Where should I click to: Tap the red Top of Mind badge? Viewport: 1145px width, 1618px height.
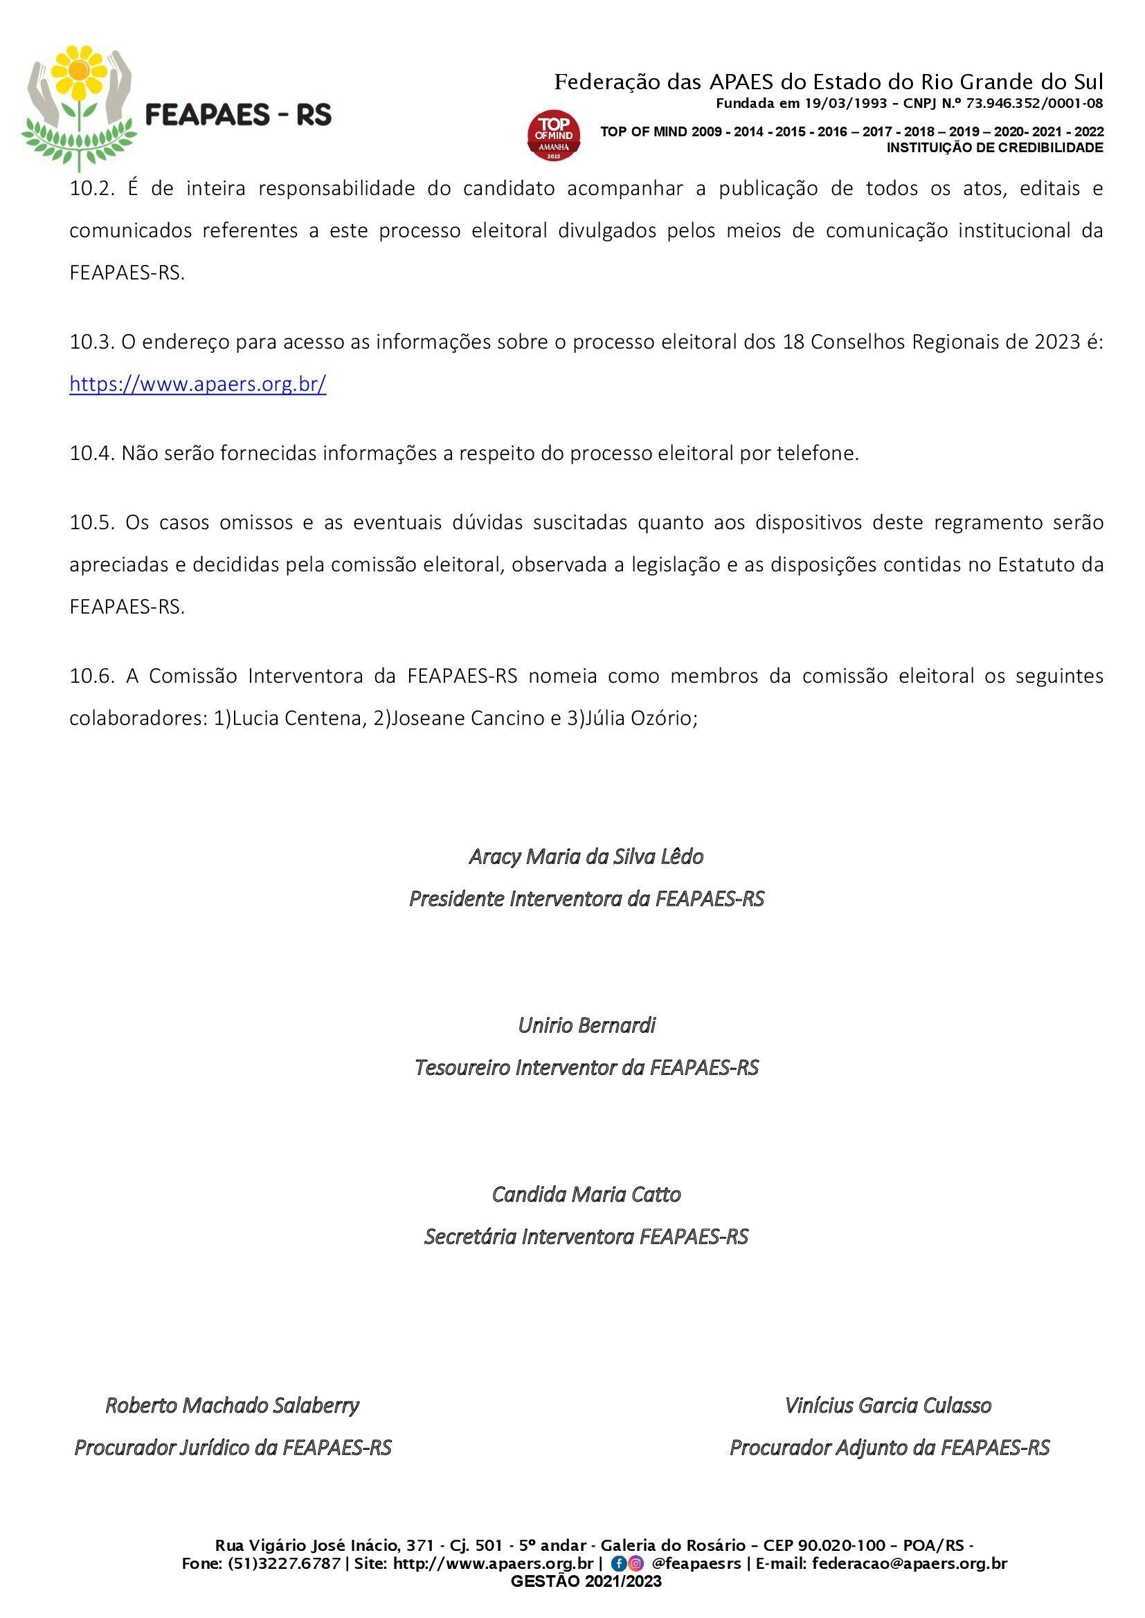pos(555,135)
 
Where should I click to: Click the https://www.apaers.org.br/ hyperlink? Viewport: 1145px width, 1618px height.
pos(197,384)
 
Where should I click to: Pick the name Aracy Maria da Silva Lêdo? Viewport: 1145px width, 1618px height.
pos(586,856)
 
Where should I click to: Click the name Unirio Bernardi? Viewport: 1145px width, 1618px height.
pos(586,1025)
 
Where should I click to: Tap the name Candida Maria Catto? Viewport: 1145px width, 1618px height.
pos(586,1195)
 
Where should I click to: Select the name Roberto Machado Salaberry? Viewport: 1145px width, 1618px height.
pos(232,1405)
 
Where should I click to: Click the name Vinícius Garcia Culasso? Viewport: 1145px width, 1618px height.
pos(888,1405)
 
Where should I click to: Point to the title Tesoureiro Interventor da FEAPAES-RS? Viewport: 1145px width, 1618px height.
pos(586,1067)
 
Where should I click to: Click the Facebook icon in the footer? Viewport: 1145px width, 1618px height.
pos(618,1563)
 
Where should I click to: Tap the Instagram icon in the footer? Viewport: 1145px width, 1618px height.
pos(636,1563)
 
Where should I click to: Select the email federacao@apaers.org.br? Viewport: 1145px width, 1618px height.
pos(910,1563)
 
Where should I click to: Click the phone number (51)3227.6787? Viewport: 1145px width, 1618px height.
pos(283,1563)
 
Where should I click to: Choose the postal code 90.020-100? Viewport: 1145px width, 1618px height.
pos(841,1545)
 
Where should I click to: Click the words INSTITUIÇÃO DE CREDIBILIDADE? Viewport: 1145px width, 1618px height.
pos(995,148)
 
